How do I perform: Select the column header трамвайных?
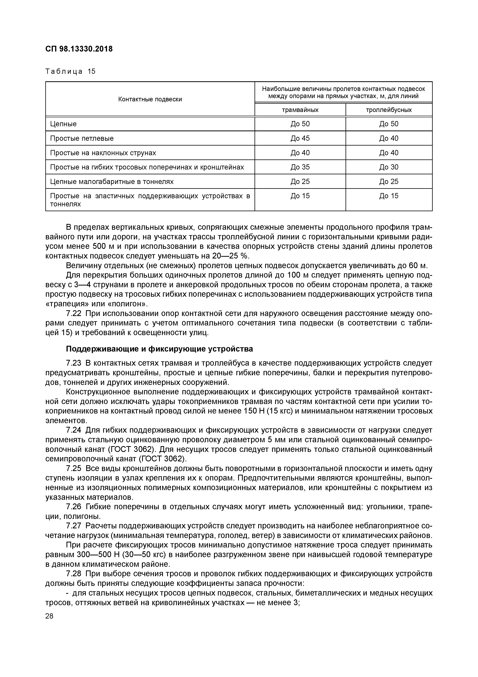(300, 110)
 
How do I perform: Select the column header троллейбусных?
(389, 110)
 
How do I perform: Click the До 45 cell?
(300, 138)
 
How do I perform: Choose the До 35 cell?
(300, 167)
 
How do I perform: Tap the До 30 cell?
(389, 167)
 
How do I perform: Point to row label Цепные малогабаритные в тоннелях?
(112, 182)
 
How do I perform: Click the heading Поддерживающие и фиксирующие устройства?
(159, 349)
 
